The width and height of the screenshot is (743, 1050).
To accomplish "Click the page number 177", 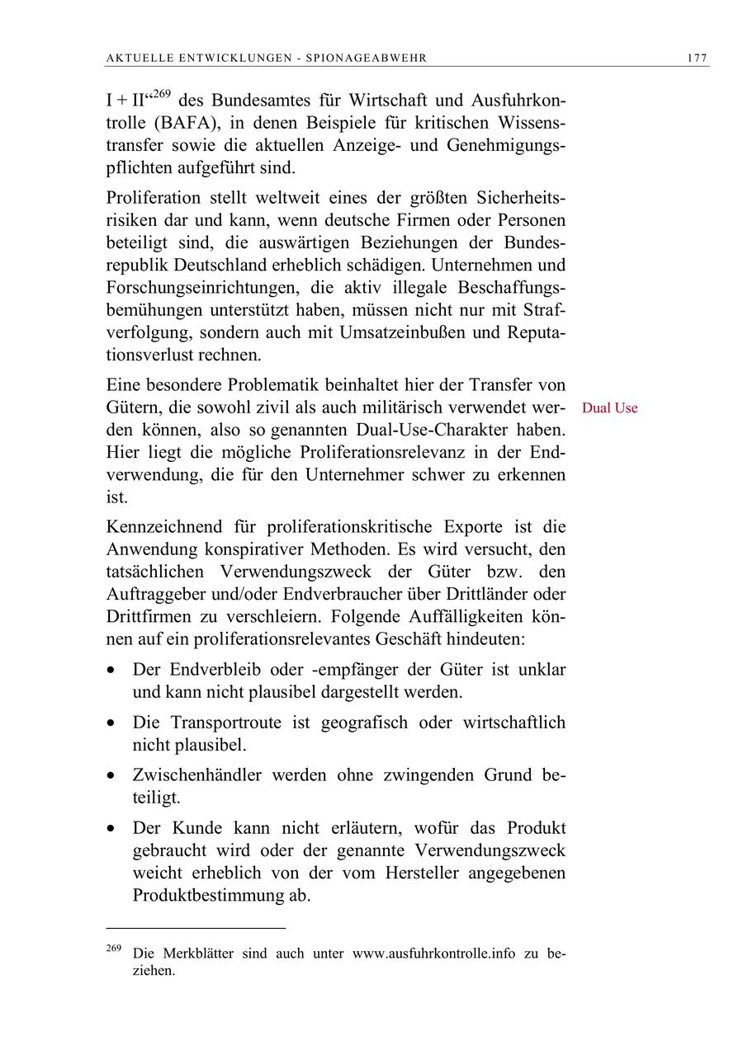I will pos(697,58).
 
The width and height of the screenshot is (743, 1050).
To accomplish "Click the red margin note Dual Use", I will pos(609,408).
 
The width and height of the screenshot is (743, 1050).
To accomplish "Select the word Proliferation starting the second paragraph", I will pos(154,198).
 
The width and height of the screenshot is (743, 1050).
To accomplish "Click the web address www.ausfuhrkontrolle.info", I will pos(433,953).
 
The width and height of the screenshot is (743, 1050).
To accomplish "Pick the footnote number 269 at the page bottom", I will pos(114,949).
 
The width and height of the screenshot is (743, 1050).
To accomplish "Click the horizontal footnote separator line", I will pos(196,929).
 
